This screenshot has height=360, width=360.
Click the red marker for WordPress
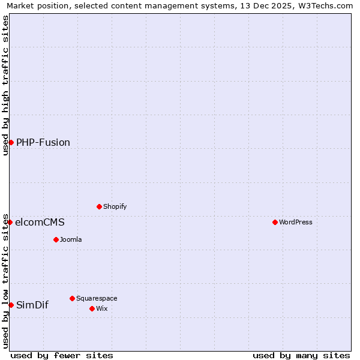[275, 222]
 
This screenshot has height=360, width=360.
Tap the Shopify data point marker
[99, 206]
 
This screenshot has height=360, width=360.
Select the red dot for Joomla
[56, 239]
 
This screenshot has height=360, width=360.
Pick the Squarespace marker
[72, 298]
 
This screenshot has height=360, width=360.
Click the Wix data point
[92, 308]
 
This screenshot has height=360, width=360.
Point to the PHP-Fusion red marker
[11, 142]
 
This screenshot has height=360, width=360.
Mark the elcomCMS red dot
[10, 222]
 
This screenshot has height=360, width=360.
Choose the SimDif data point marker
[11, 305]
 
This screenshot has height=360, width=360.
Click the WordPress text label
[296, 222]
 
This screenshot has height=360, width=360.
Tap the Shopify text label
[115, 206]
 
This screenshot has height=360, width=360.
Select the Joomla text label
[71, 239]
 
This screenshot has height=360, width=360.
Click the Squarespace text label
[97, 298]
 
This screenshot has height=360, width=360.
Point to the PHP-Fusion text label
[43, 142]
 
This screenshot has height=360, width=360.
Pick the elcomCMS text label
[40, 222]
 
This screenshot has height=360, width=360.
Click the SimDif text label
[32, 305]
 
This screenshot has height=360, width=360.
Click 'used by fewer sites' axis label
[62, 355]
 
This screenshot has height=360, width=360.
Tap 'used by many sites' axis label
[301, 355]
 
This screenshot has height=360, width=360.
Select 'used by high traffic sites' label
[5, 85]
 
